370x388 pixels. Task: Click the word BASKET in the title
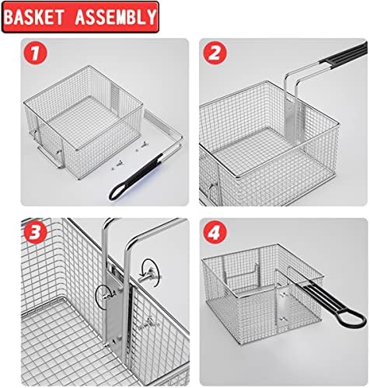click(x=34, y=17)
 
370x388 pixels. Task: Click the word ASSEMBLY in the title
click(x=116, y=17)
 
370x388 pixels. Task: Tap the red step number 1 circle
click(x=35, y=54)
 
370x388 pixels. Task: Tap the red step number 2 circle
click(x=215, y=54)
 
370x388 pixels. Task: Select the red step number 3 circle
click(x=35, y=232)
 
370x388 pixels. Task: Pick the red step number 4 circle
click(x=215, y=232)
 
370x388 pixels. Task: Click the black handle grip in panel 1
click(x=137, y=177)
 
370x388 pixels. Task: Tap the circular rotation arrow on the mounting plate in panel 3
click(x=106, y=296)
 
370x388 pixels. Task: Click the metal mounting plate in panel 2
click(x=290, y=122)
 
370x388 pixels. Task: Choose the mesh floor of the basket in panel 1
click(x=91, y=123)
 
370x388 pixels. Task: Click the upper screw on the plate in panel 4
click(x=284, y=293)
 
